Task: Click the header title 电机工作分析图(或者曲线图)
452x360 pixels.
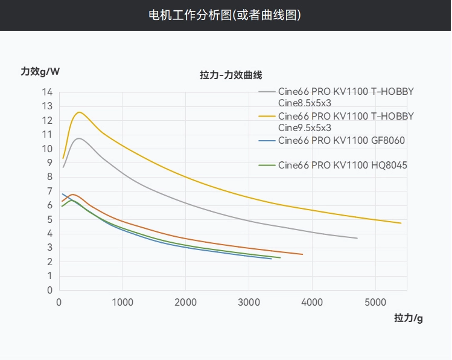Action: (x=225, y=14)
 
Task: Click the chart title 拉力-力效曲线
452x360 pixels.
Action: (x=231, y=75)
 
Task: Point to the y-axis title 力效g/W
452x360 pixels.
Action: (x=40, y=71)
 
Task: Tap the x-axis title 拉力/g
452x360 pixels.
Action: (x=409, y=318)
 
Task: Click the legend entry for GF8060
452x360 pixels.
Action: (x=341, y=141)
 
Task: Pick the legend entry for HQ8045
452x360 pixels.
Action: (x=342, y=164)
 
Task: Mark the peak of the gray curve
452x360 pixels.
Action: (x=78, y=138)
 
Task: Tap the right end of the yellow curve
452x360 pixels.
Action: (x=401, y=223)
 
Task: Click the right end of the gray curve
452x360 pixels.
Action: (x=357, y=239)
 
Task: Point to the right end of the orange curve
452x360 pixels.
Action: (x=302, y=254)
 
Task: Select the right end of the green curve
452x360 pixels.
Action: (x=280, y=258)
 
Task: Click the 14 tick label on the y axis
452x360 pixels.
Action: (x=47, y=92)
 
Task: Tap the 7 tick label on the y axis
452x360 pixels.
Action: (x=49, y=191)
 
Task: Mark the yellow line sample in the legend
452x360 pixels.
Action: (x=267, y=116)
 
